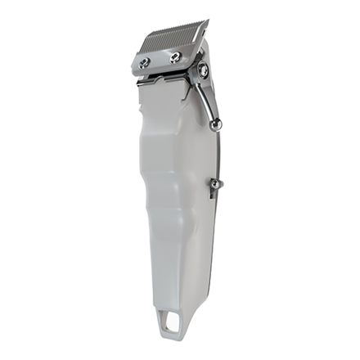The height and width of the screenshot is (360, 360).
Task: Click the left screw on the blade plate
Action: point(145,63)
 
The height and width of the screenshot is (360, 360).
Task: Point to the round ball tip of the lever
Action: point(217,124)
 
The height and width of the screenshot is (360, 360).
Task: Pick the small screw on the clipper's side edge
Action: point(214,186)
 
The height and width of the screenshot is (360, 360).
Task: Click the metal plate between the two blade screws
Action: point(160,60)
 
